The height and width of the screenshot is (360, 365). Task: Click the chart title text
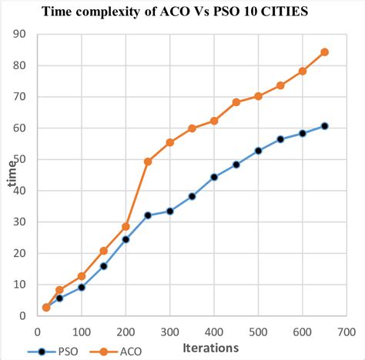tap(182, 12)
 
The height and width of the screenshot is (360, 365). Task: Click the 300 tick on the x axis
tap(169, 332)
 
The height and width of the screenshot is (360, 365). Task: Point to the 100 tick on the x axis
tap(82, 332)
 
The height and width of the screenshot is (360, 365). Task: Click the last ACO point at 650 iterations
tap(324, 52)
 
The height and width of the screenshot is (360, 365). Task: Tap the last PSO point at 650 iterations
tap(324, 126)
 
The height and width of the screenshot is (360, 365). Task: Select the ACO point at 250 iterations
tap(148, 162)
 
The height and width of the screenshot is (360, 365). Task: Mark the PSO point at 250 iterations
tap(148, 215)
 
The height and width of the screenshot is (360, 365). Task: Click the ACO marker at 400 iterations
tap(214, 121)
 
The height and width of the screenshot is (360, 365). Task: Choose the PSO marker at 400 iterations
tap(214, 177)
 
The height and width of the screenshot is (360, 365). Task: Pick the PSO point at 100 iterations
tap(82, 287)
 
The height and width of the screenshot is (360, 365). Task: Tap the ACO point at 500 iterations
tap(258, 96)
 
